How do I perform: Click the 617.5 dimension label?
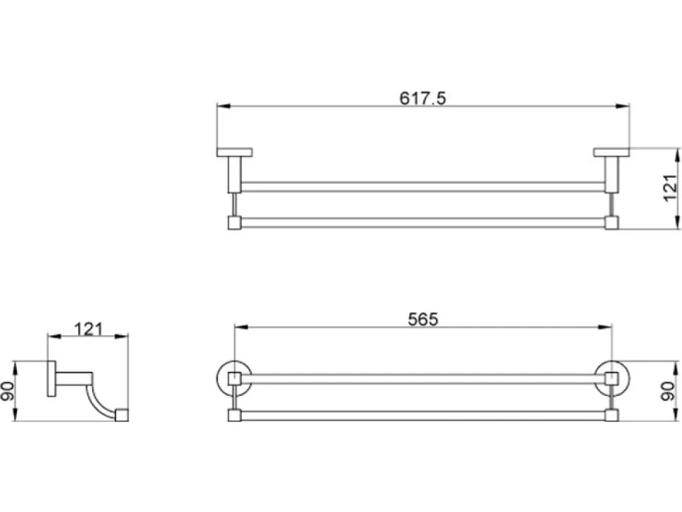point(423,98)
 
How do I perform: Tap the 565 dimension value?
point(423,320)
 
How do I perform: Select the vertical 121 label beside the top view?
point(670,188)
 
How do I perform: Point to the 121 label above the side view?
point(89,329)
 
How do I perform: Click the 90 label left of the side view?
point(8,390)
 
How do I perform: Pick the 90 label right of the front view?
point(669,390)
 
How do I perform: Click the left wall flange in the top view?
point(234,152)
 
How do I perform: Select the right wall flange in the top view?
point(612,152)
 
